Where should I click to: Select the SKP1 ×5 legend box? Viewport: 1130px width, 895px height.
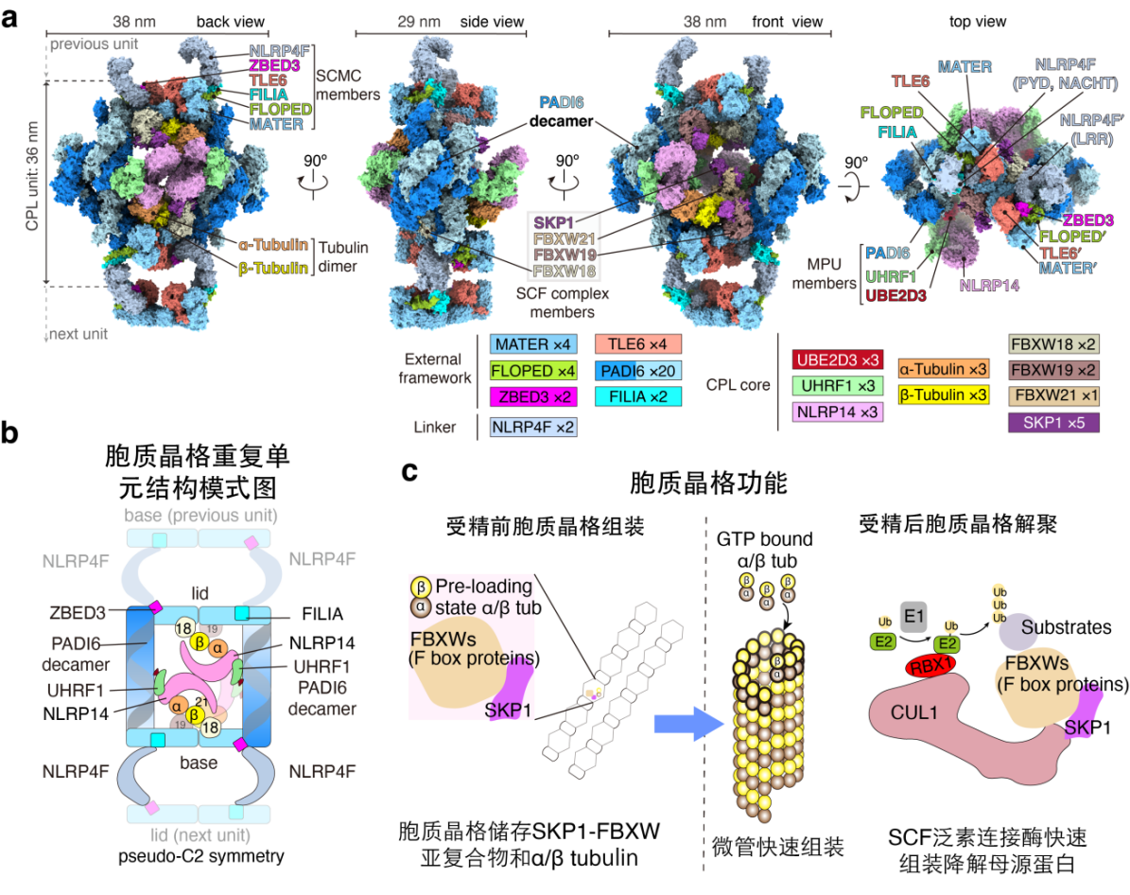(1054, 422)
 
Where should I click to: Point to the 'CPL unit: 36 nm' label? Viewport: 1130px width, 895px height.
(32, 182)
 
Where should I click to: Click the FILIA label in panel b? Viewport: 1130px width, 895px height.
(307, 612)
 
